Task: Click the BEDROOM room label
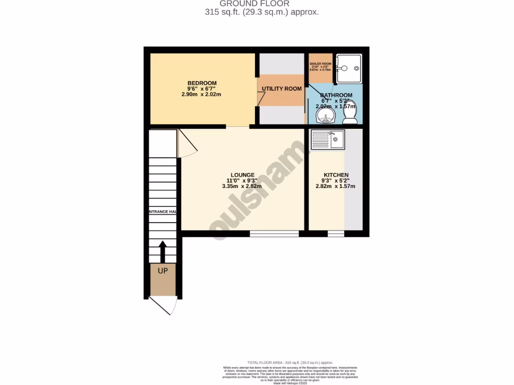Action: point(202,83)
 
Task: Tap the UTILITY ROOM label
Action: point(282,89)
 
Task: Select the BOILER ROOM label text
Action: point(320,64)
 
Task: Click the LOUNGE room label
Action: point(242,175)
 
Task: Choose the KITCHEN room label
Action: point(336,175)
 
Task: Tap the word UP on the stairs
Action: point(163,271)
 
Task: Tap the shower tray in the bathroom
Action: point(348,68)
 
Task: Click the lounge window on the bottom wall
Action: point(274,233)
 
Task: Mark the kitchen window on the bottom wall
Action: point(336,233)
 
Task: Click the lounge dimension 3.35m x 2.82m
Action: point(242,186)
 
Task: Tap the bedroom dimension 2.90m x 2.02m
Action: point(201,94)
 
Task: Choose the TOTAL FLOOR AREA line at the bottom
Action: point(290,362)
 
